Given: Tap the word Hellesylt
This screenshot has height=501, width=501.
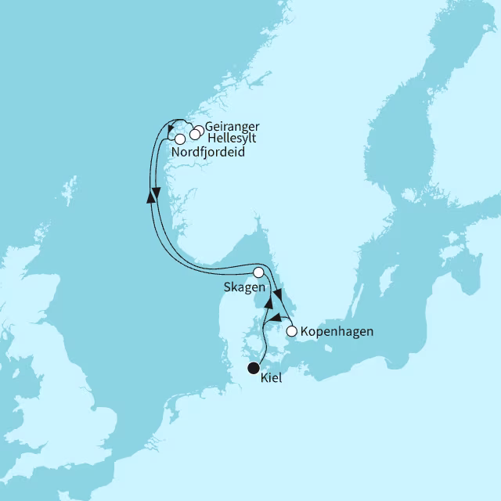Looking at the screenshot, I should pos(231,139).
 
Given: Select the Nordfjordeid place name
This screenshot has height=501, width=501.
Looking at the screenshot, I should pos(207,153).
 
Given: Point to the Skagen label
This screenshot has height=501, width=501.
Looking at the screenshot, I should pos(244,287).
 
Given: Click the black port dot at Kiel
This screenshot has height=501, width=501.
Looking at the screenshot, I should pos(254,368).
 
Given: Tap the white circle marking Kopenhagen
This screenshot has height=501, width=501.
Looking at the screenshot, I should pos(292,332).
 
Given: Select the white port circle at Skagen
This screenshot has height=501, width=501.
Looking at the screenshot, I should pos(258,272).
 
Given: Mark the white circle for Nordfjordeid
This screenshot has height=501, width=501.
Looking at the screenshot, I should pos(180,139).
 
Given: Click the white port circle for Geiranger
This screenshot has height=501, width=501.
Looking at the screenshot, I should pos(200,129).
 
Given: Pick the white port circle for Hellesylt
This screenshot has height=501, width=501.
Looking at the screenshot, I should pos(194,135).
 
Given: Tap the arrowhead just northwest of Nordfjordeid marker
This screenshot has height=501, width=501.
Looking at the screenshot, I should pos(171,130).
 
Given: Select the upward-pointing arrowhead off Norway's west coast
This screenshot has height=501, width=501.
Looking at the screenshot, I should pos(150,197).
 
